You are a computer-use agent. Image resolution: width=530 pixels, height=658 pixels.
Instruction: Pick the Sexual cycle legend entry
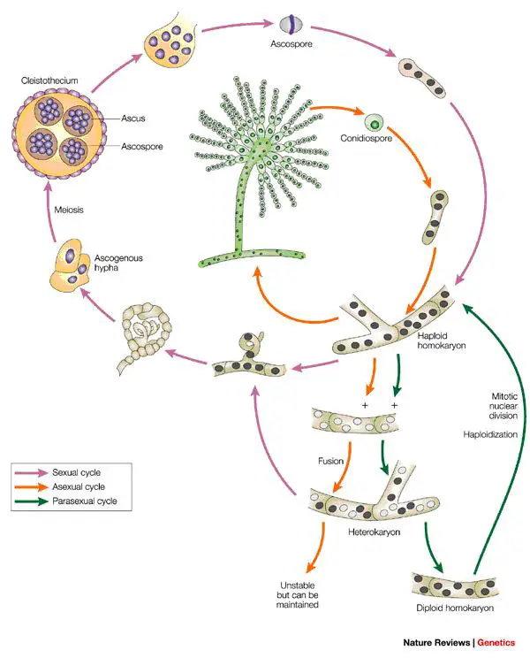[79, 471]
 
